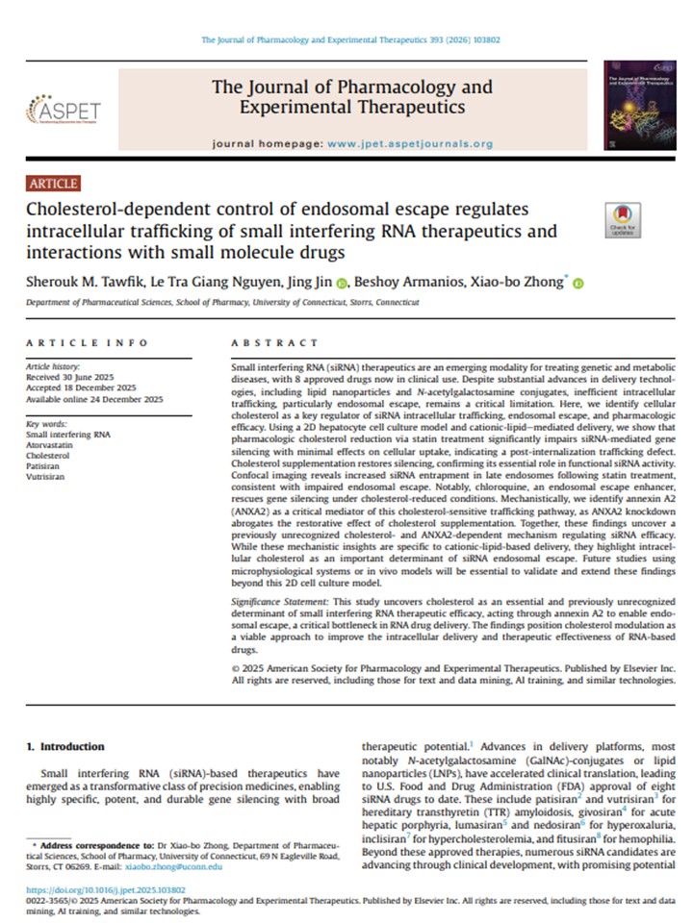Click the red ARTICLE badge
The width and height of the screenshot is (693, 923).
pyautogui.click(x=54, y=184)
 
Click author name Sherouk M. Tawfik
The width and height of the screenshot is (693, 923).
pyautogui.click(x=81, y=282)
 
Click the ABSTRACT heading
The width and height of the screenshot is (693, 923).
pyautogui.click(x=275, y=343)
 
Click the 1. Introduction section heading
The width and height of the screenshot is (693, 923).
pyautogui.click(x=65, y=746)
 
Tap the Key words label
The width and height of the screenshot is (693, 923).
pyautogui.click(x=46, y=423)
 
